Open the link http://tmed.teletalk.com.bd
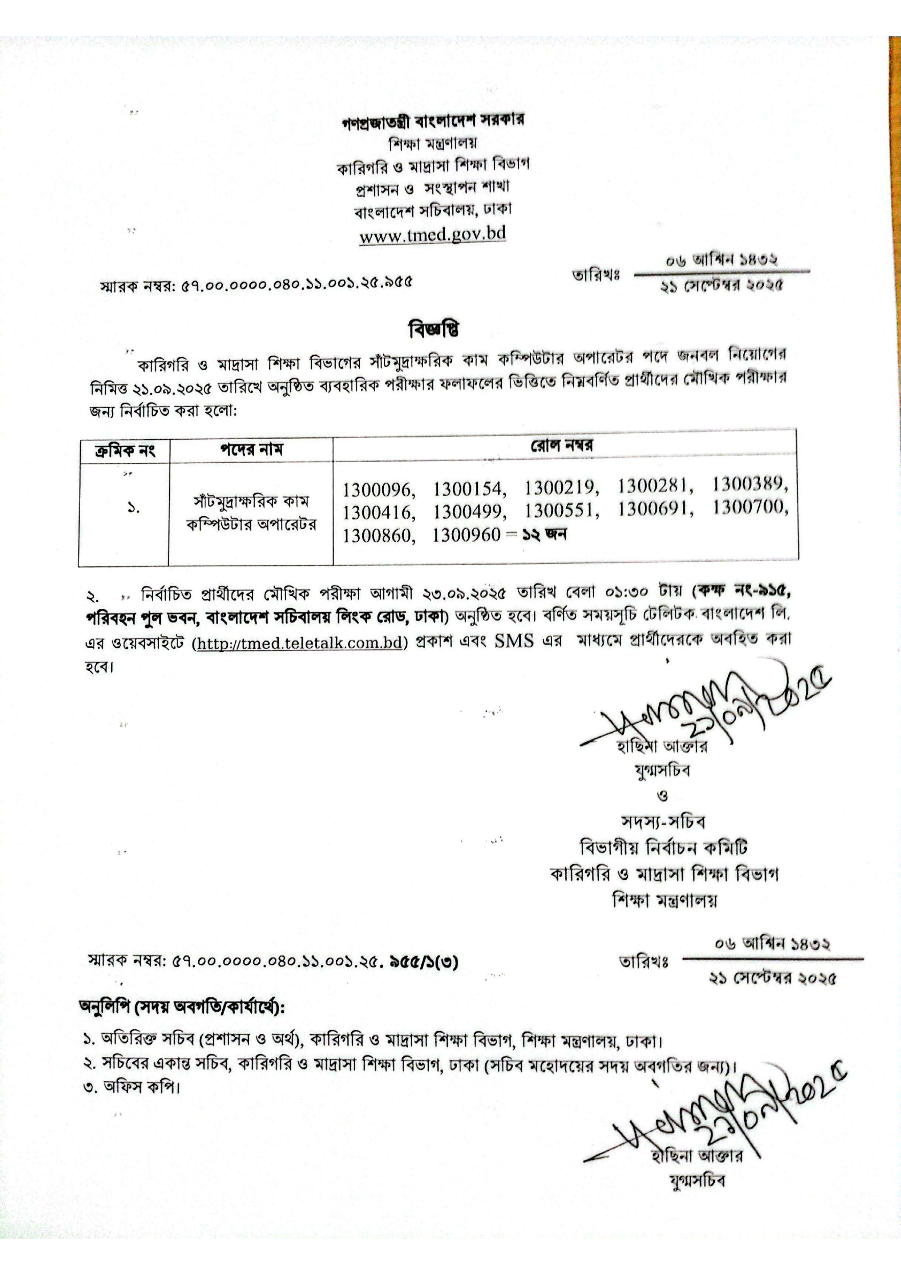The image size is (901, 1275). [299, 643]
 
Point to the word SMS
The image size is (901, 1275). [514, 641]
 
